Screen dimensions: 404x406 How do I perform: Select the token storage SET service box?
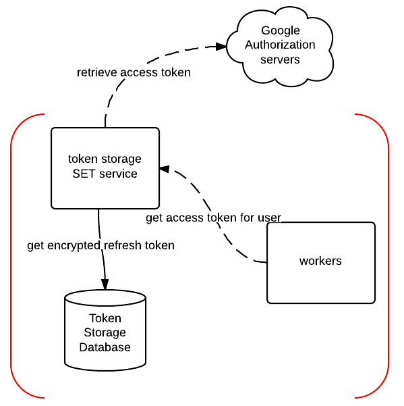pos(105,168)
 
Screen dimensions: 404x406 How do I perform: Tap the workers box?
pos(321,263)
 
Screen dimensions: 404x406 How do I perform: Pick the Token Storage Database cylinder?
pos(105,330)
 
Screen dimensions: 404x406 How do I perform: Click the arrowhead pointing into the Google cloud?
pos(221,47)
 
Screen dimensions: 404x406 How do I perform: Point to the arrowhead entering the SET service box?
pos(165,169)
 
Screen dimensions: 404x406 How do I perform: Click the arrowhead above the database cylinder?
pos(105,284)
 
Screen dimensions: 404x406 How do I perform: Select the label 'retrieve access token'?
pos(134,72)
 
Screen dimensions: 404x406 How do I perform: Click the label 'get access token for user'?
pos(214,218)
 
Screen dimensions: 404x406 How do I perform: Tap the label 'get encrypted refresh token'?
pos(100,245)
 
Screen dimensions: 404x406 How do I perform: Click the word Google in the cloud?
pos(281,31)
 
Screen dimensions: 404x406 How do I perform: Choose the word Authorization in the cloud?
pos(280,45)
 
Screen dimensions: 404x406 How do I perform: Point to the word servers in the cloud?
pos(280,59)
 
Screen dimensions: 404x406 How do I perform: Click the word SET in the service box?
pos(83,174)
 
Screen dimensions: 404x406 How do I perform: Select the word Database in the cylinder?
pos(105,347)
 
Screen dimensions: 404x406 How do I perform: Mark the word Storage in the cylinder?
pos(105,333)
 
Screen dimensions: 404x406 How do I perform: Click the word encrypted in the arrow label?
pos(74,246)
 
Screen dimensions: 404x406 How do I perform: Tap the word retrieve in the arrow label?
pos(97,72)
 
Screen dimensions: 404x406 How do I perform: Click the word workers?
pos(320,261)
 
